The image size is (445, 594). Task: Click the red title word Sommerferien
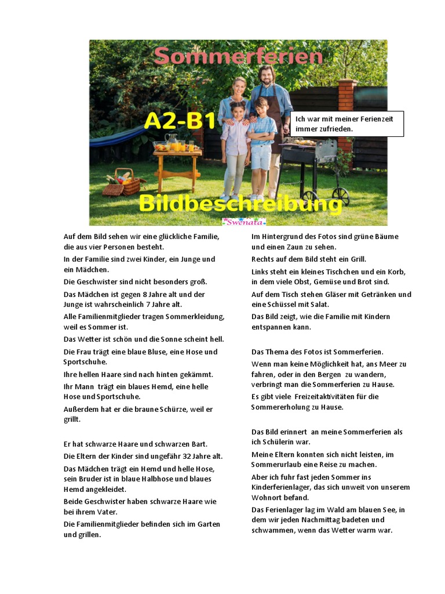pos(238,56)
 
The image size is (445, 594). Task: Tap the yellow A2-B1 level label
pos(180,121)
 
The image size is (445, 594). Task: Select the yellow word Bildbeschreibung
pos(240,204)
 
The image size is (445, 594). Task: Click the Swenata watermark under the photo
pos(244,222)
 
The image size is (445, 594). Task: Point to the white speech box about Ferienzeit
pos(346,124)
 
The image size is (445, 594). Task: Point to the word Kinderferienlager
pos(282,487)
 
